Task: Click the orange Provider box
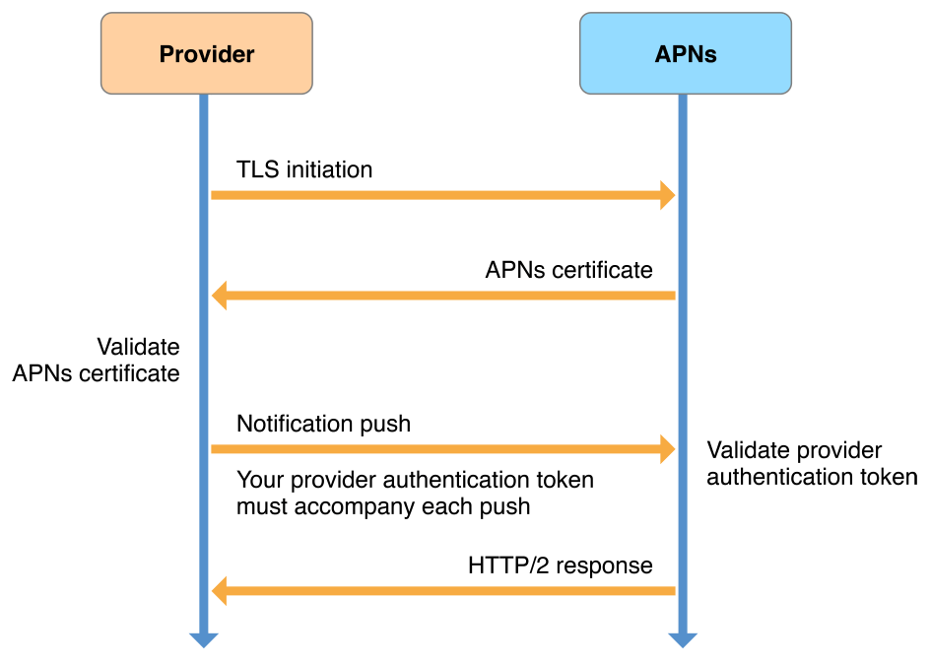pyautogui.click(x=207, y=54)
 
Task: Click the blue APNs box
pyautogui.click(x=685, y=54)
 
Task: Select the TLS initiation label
pyautogui.click(x=304, y=169)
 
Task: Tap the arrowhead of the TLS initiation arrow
pyautogui.click(x=666, y=195)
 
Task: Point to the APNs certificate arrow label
pyautogui.click(x=568, y=270)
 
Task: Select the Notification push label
pyautogui.click(x=323, y=424)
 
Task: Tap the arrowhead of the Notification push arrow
pyautogui.click(x=666, y=449)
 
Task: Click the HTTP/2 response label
pyautogui.click(x=560, y=565)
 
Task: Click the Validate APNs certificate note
pyautogui.click(x=97, y=361)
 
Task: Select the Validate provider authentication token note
pyautogui.click(x=812, y=464)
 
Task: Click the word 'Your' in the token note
pyautogui.click(x=258, y=480)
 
